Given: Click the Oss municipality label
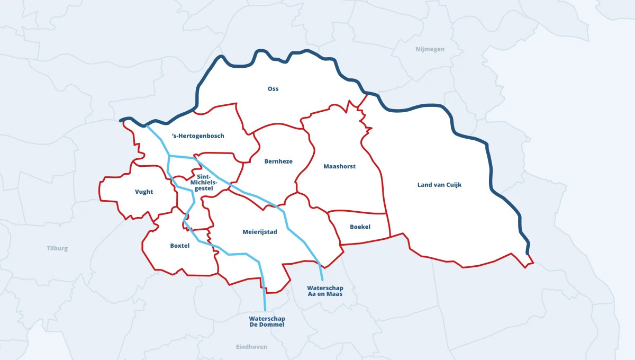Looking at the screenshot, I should click(273, 89).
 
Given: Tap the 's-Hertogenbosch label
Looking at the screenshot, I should click(198, 136).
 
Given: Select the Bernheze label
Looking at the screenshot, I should click(278, 161).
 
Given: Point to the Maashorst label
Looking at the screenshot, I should click(339, 166).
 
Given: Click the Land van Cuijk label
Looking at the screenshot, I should click(439, 185).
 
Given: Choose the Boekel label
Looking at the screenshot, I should click(360, 227).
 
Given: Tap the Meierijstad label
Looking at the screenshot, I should click(259, 232).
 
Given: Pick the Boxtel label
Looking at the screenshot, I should click(179, 246).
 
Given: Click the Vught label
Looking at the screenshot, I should click(143, 192).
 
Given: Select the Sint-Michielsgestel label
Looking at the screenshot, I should click(204, 182).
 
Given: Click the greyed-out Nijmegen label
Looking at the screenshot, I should click(430, 49).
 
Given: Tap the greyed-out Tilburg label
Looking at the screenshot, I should click(57, 248).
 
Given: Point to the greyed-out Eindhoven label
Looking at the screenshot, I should click(251, 347).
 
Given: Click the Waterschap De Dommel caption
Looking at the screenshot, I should click(267, 321).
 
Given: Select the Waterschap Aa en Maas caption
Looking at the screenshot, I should click(325, 291).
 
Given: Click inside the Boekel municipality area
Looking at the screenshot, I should click(365, 236).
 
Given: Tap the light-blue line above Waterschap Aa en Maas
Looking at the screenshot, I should click(321, 273).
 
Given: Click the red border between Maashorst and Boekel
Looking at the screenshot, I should click(357, 212).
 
